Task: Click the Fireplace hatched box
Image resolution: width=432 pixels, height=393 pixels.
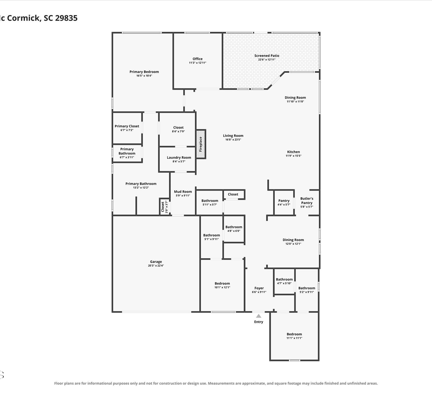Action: [201, 144]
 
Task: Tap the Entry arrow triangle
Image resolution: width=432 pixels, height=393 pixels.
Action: [258, 316]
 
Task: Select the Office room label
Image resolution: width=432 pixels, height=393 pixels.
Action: [198, 59]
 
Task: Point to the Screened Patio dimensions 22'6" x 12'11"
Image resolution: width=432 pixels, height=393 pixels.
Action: [267, 60]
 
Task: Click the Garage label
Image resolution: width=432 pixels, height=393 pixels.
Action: [156, 262]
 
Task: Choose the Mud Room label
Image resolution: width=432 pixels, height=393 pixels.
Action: [183, 192]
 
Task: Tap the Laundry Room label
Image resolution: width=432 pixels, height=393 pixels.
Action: [179, 157]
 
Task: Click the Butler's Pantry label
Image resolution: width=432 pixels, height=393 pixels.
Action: [307, 201]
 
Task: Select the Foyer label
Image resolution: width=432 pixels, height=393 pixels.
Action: [259, 288]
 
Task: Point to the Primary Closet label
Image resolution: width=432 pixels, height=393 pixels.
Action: [127, 126]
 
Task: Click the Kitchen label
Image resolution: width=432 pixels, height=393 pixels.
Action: [293, 152]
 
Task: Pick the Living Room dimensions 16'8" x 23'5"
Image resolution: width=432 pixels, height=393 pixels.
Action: [233, 140]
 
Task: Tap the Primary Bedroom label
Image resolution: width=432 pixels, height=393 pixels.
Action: [144, 72]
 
